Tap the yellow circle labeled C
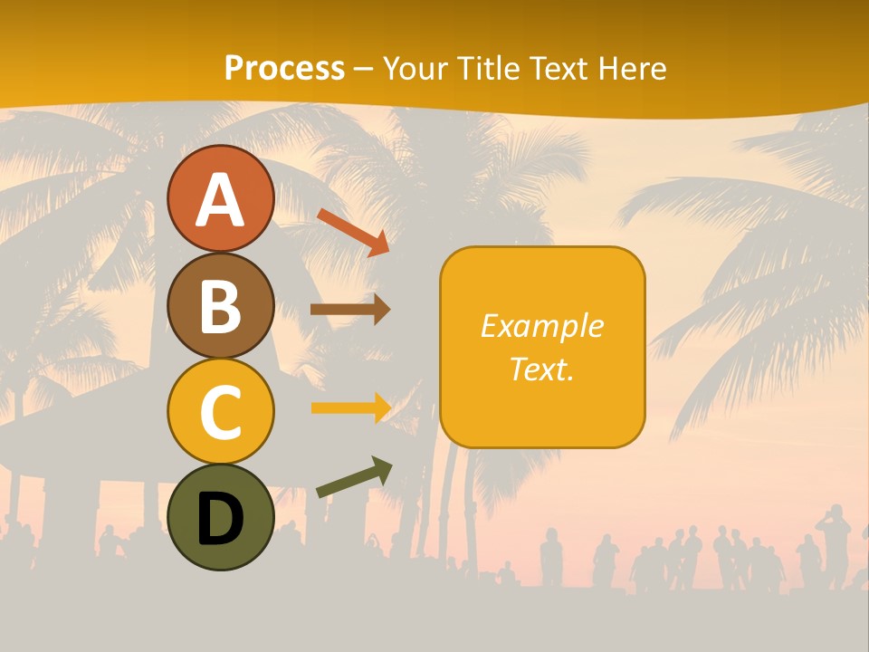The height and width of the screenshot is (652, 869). click(x=220, y=411)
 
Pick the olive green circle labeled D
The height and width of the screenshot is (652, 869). click(x=220, y=517)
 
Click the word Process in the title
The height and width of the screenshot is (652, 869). click(x=284, y=68)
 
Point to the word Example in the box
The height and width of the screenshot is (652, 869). click(x=541, y=326)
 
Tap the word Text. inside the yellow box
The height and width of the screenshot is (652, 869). click(x=541, y=369)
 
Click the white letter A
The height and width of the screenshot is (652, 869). click(x=220, y=201)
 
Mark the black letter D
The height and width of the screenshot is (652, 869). click(x=220, y=519)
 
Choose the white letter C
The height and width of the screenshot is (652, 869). click(x=220, y=413)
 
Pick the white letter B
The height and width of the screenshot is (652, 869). click(x=220, y=307)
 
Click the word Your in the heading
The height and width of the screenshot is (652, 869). click(x=417, y=68)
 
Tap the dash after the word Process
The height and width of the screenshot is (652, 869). click(x=364, y=69)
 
